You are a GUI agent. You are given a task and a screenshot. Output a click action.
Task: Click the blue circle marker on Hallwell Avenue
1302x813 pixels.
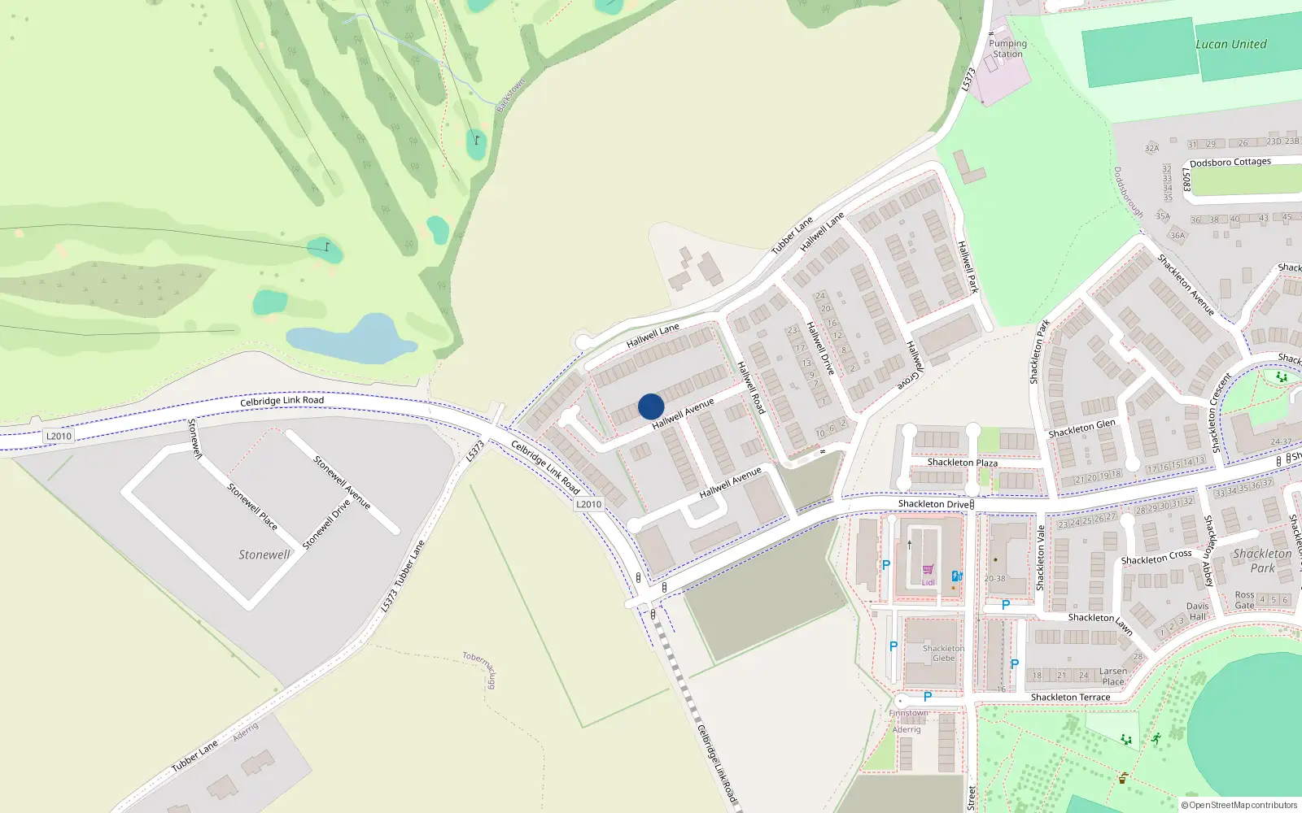coord(651,406)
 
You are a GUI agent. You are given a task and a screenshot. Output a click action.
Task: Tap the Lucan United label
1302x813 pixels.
coord(1230,45)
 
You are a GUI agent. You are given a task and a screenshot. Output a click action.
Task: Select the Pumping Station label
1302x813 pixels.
coord(1007,49)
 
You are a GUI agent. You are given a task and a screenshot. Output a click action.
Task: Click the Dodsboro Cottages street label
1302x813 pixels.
coord(1230,163)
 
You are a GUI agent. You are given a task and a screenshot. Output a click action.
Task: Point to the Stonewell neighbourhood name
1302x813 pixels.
coord(264,554)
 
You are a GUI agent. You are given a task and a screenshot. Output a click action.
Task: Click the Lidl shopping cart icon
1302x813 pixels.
coord(928,570)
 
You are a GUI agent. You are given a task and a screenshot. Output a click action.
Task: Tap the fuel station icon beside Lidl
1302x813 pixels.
coord(957,576)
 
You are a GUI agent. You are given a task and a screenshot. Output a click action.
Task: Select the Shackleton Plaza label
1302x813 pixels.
coord(962,463)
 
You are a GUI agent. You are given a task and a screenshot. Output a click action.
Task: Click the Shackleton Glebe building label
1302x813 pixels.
coord(943,654)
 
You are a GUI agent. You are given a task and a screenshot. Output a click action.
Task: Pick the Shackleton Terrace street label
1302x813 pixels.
coord(1070,698)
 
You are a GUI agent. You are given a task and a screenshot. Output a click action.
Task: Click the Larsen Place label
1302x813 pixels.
coord(1112,676)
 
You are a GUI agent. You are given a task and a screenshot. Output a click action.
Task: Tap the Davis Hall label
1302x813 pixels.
coord(1197,611)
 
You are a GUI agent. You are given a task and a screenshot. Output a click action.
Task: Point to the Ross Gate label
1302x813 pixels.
coord(1244,600)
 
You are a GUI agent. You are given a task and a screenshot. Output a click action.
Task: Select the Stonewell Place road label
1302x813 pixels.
coord(252,506)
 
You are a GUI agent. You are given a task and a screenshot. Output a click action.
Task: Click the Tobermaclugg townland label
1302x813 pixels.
coord(479,669)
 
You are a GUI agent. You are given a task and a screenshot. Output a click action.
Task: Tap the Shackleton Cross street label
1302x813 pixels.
coord(1156,558)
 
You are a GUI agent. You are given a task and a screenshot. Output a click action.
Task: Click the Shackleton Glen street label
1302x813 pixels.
coord(1081,428)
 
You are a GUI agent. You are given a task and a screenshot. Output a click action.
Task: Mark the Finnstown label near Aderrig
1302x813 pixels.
coord(908,713)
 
